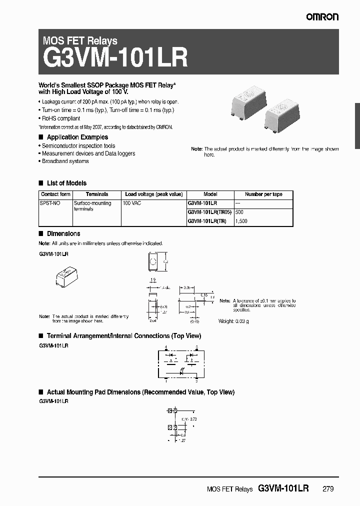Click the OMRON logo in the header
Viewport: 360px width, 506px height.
tap(322, 17)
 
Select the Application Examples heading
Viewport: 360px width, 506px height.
tap(77, 137)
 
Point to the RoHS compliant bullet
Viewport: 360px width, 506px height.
tap(60, 118)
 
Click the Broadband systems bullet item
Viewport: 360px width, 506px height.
tap(65, 161)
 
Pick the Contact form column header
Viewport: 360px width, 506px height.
tap(55, 194)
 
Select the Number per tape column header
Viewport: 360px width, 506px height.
tap(263, 194)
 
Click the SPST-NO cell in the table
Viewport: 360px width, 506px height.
tap(48, 203)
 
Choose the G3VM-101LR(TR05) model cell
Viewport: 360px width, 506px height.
tap(209, 212)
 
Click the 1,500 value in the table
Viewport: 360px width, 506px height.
tap(241, 220)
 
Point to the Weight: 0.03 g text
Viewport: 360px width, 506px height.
tap(233, 321)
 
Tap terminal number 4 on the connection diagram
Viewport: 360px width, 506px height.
tap(165, 346)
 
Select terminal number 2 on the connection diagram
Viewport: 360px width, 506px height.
tap(196, 381)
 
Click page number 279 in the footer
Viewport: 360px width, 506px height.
tap(327, 488)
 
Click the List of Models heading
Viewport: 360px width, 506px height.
tap(66, 183)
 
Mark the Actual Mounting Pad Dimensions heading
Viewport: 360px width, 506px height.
tap(140, 392)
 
